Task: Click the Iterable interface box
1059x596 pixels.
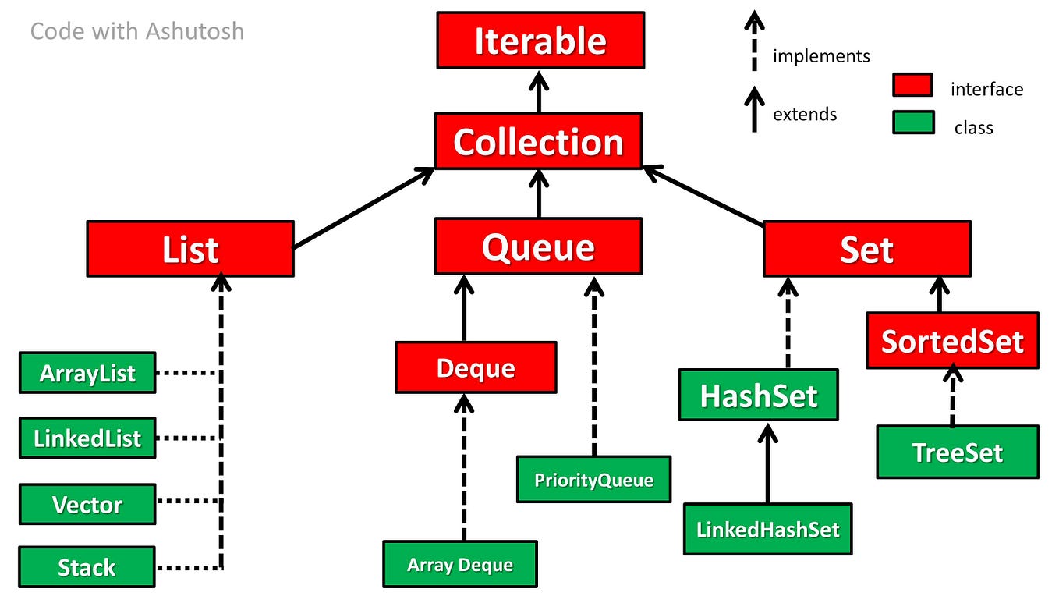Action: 540,40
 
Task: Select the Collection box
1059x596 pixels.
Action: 538,141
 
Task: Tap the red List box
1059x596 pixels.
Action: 190,249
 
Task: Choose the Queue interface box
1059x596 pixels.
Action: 538,247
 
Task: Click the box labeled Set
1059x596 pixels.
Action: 866,249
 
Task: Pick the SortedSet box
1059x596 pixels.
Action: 952,341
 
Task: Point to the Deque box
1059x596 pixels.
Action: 476,367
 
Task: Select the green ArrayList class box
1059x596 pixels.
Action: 87,373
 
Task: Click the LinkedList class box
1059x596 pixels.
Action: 87,438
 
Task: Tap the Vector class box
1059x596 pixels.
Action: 87,504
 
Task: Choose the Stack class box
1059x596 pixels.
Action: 87,567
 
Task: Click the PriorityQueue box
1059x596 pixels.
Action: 593,479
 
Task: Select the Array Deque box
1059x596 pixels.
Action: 460,564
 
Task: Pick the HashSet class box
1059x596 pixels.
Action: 758,396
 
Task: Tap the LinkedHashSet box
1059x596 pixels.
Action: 767,529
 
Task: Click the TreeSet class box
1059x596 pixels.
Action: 957,452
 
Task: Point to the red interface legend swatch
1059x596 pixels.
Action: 912,85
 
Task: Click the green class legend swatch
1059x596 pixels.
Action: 913,122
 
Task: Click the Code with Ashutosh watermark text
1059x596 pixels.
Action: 137,31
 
